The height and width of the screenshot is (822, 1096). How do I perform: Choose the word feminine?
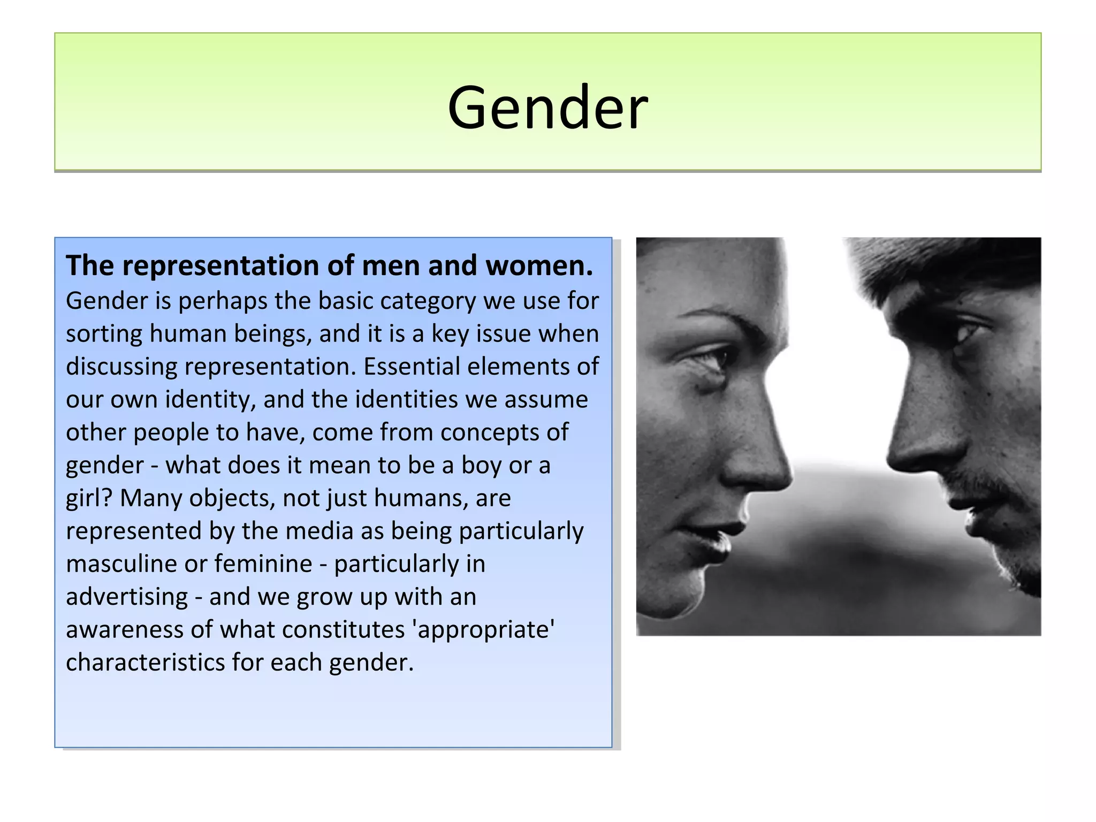(x=263, y=564)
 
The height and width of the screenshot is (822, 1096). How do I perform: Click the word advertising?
(x=127, y=597)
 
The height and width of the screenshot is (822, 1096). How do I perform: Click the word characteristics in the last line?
(x=146, y=663)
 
